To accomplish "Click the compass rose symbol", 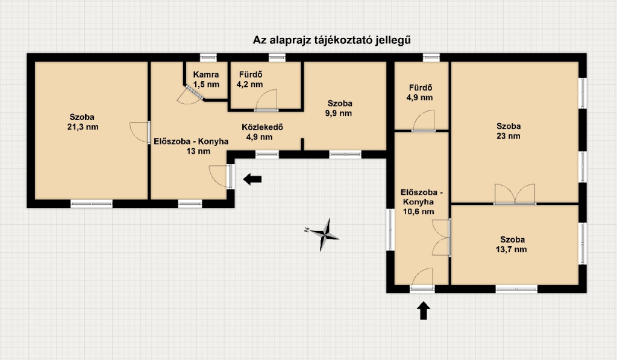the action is tap(324, 235).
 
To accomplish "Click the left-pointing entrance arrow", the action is tap(252, 179).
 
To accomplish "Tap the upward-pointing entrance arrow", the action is tap(424, 311).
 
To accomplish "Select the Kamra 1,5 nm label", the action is tap(206, 79).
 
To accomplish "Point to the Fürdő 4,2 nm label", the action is tap(250, 79).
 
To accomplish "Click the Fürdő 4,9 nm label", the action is tap(420, 92).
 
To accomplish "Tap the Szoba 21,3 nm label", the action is tap(83, 122).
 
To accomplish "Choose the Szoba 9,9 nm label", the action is tap(339, 109).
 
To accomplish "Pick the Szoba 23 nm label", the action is tap(509, 131).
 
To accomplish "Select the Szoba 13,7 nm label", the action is tap(512, 244).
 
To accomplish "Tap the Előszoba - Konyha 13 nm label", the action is tap(191, 146).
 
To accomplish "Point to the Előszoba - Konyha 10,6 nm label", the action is tap(421, 201).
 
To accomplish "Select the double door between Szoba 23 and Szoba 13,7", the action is tap(515, 194).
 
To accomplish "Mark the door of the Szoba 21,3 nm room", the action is tap(140, 133).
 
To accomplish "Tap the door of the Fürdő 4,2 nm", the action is tap(266, 101).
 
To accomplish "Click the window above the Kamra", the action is tap(208, 57).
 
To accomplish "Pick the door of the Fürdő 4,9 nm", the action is tap(424, 121).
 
